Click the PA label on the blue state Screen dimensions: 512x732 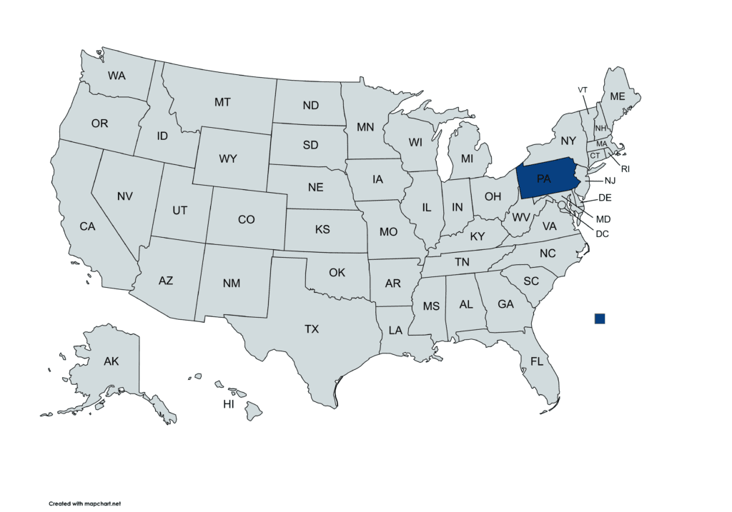[544, 179]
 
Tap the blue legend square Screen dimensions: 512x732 [599, 318]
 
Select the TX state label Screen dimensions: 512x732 [312, 329]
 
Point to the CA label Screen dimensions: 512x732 [87, 226]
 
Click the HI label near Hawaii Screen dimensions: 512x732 [229, 404]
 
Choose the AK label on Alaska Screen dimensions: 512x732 [111, 361]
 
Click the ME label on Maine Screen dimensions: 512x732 [617, 96]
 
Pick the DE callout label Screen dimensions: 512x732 [605, 197]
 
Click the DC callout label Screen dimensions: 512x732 [602, 233]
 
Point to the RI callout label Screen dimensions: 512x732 [625, 169]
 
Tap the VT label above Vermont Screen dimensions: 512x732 [583, 89]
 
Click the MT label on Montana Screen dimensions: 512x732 [222, 102]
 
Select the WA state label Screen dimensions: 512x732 [117, 75]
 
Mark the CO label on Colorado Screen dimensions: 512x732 [246, 219]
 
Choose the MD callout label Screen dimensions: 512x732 [603, 219]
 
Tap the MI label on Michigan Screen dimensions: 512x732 [467, 158]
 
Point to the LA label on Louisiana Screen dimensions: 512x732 [395, 331]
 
